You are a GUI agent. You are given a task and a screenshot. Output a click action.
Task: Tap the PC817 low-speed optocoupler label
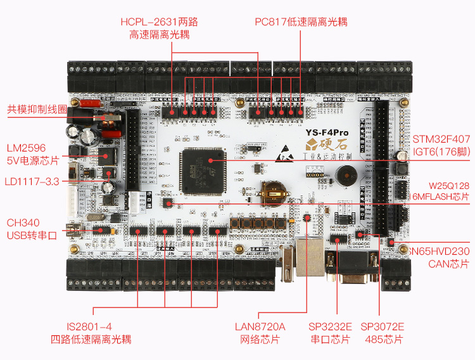point(301,22)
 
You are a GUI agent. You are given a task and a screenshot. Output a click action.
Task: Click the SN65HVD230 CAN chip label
point(440,257)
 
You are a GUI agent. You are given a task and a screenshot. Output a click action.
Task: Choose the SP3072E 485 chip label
point(383,333)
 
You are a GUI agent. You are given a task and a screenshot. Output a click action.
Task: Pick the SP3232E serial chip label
point(330,333)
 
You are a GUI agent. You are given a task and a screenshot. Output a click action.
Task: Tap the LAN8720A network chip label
point(260,333)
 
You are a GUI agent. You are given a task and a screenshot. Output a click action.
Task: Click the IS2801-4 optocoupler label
point(91,333)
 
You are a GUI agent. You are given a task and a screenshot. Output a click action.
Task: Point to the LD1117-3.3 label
point(32,181)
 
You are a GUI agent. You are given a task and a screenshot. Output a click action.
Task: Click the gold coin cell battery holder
point(274,191)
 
